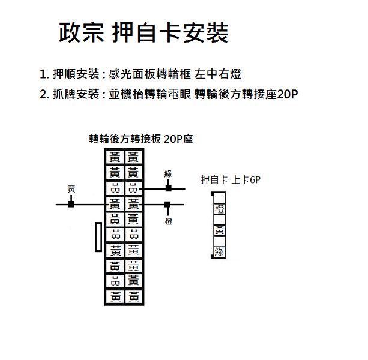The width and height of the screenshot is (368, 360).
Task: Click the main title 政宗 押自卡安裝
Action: click(x=143, y=32)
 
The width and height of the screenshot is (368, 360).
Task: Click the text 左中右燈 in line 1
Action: click(x=217, y=74)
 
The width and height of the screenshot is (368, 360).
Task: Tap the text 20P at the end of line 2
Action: click(x=288, y=94)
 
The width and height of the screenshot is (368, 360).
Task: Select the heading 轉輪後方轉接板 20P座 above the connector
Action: click(x=141, y=139)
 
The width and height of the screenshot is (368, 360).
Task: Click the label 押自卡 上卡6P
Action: click(x=231, y=180)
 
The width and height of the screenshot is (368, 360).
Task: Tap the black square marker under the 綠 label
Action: click(x=168, y=188)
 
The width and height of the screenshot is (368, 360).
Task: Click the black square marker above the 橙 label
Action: click(x=167, y=205)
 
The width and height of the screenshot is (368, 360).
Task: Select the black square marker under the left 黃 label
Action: click(x=71, y=204)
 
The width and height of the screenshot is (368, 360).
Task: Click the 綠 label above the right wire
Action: click(x=168, y=174)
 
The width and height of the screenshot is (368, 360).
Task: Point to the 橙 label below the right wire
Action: click(x=169, y=221)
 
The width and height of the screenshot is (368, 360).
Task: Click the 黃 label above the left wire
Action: click(x=71, y=189)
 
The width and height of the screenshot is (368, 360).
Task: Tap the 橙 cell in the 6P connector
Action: click(x=220, y=209)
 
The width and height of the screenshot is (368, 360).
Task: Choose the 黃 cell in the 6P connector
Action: click(x=220, y=231)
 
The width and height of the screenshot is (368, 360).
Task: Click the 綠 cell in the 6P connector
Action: click(x=220, y=252)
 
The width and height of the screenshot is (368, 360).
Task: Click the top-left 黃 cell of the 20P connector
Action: click(x=115, y=157)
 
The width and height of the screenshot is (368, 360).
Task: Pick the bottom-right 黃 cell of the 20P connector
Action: click(x=134, y=296)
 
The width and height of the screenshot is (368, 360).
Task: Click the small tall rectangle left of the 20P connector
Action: click(x=98, y=237)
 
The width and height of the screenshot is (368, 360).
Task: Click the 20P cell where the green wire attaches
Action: click(x=134, y=188)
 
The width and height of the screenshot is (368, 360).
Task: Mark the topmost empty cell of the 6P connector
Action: click(x=220, y=198)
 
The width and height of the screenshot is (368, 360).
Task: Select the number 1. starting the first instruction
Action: click(x=44, y=74)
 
